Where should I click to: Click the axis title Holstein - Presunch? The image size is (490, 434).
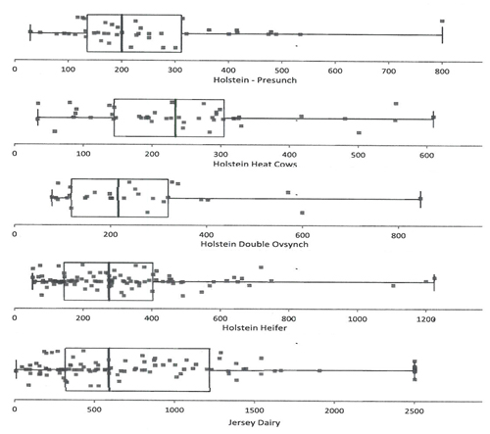click(x=255, y=80)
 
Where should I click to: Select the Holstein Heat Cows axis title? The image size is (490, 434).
click(x=255, y=164)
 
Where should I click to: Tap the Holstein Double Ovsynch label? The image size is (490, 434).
click(x=254, y=244)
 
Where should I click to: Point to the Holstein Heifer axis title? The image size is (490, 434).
click(x=255, y=328)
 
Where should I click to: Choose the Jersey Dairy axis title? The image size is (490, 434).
click(x=254, y=423)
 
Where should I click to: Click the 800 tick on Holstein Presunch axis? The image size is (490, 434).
click(x=442, y=72)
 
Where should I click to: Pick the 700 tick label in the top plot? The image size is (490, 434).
click(x=389, y=72)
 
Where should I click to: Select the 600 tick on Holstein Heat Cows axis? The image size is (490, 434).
click(x=427, y=155)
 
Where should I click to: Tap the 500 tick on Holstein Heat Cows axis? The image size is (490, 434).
click(x=358, y=155)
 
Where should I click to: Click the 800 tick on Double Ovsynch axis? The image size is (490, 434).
click(x=399, y=235)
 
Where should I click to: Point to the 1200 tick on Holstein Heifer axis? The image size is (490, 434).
click(x=426, y=319)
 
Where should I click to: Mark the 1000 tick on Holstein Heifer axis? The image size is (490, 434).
click(x=358, y=318)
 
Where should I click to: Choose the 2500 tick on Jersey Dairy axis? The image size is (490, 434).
click(x=415, y=410)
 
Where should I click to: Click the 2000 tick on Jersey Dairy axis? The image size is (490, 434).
click(x=334, y=410)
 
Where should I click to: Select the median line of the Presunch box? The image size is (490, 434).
click(x=122, y=33)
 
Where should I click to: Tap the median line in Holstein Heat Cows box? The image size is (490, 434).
click(x=175, y=118)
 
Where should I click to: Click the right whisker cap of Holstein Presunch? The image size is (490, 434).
click(x=442, y=35)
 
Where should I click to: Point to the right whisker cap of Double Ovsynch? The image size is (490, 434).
click(x=420, y=199)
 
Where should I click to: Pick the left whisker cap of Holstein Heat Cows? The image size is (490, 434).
click(x=38, y=118)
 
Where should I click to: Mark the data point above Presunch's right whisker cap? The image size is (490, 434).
click(x=442, y=22)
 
